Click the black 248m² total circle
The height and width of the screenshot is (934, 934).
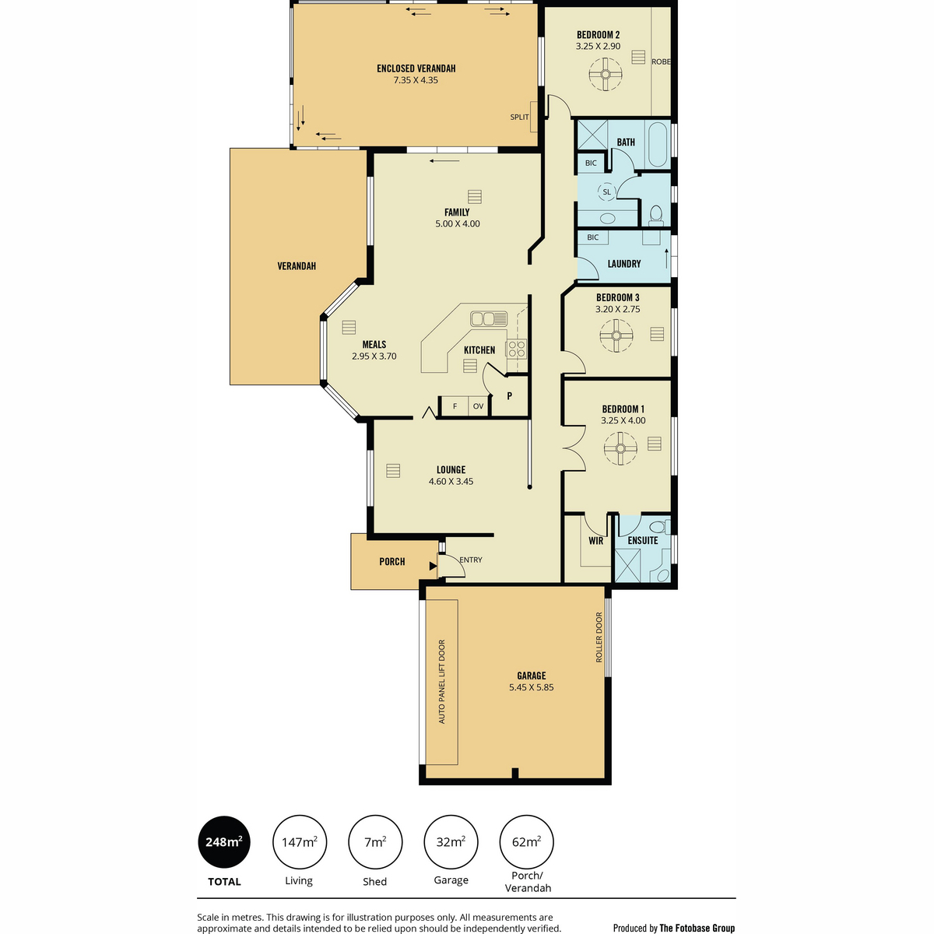tap(224, 842)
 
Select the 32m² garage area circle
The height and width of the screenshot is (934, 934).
tap(451, 842)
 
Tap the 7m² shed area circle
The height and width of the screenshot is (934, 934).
tap(375, 842)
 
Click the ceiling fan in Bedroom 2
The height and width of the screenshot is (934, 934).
tap(606, 74)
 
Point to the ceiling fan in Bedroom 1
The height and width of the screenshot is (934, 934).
tap(620, 448)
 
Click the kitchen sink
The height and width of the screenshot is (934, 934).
tap(489, 319)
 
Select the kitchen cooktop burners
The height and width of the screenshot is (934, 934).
tap(517, 349)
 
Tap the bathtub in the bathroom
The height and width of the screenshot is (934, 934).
tap(657, 144)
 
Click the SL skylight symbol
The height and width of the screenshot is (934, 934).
tap(607, 192)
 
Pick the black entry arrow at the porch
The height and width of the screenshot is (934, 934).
tap(433, 566)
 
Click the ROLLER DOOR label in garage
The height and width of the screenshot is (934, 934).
tap(599, 637)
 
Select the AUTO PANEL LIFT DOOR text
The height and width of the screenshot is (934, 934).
tap(441, 682)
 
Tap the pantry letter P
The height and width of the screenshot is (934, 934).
tap(509, 396)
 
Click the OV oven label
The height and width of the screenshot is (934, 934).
tap(479, 406)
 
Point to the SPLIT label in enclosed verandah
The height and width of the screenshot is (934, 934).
tap(520, 117)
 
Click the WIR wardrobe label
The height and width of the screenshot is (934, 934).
tap(595, 540)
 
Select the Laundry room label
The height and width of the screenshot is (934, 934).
tap(624, 264)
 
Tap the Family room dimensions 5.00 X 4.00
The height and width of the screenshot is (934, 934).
tap(458, 224)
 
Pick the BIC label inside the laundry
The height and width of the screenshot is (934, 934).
tap(593, 237)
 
